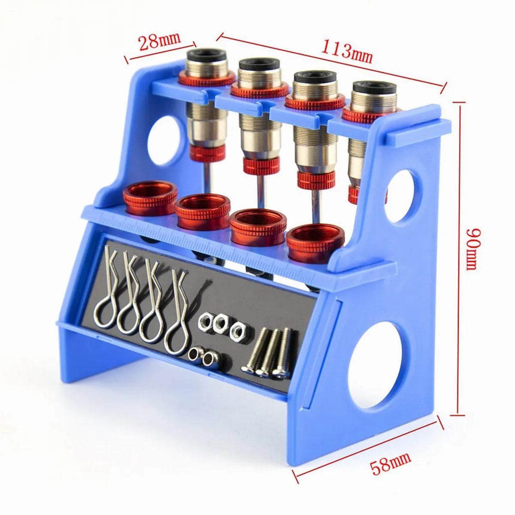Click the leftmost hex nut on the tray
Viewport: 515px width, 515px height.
click(x=205, y=321)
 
